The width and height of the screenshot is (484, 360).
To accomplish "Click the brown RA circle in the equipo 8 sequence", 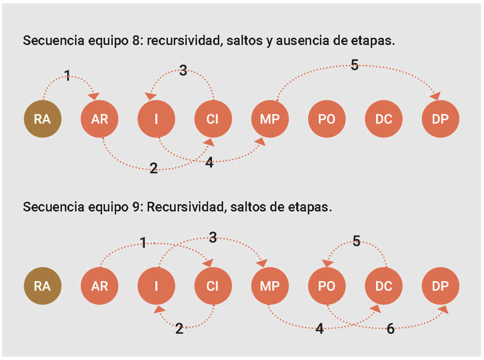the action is point(43,119).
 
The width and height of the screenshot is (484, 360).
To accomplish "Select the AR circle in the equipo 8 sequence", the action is point(99,119).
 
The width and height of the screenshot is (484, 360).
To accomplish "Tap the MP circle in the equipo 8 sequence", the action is point(270,119).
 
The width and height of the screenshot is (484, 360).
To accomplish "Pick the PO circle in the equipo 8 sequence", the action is point(327,119).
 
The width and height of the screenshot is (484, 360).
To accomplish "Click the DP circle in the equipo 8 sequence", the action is point(440,119).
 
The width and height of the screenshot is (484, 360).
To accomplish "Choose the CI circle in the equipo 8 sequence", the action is point(213,119).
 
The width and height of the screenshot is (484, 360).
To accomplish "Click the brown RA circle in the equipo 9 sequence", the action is point(43,286).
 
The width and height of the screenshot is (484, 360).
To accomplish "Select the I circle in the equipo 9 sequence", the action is point(156,286).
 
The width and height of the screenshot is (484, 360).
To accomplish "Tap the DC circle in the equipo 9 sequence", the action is point(383,286).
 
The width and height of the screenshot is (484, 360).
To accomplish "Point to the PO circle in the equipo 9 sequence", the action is point(327,286).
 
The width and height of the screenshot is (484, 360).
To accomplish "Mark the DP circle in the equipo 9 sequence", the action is point(440,286).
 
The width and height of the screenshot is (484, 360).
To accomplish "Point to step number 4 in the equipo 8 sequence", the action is point(209,163).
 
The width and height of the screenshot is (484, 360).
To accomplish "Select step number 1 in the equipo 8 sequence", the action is point(67,75).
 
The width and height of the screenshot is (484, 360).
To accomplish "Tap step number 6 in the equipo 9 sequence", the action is point(391,330).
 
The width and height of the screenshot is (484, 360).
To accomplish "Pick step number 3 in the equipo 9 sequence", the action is point(213,237).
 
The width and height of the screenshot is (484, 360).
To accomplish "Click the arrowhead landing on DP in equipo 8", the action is point(436,95).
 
